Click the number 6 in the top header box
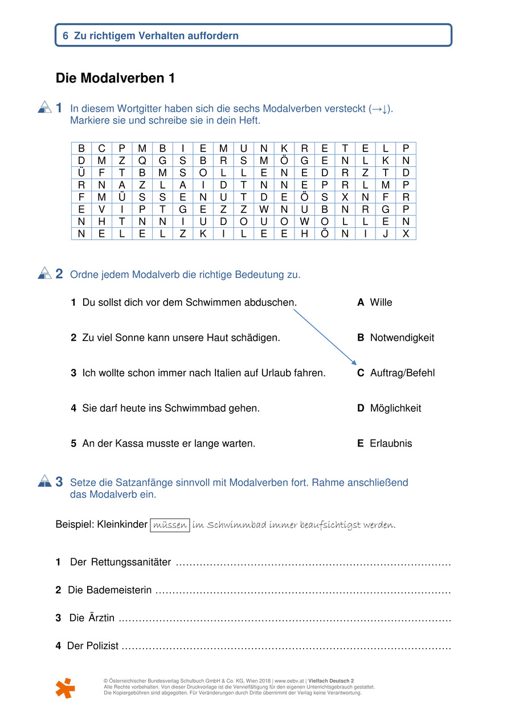(66, 36)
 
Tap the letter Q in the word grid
(142, 161)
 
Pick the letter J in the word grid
(386, 233)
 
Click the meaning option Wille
(381, 302)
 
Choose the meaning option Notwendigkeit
(402, 338)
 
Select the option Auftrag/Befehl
(402, 373)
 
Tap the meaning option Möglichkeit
(395, 408)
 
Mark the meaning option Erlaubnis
(391, 444)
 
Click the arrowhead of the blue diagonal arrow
(354, 363)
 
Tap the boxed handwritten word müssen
(170, 525)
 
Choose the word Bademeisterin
(119, 591)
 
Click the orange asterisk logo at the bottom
(65, 688)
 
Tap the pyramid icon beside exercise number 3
(44, 482)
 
